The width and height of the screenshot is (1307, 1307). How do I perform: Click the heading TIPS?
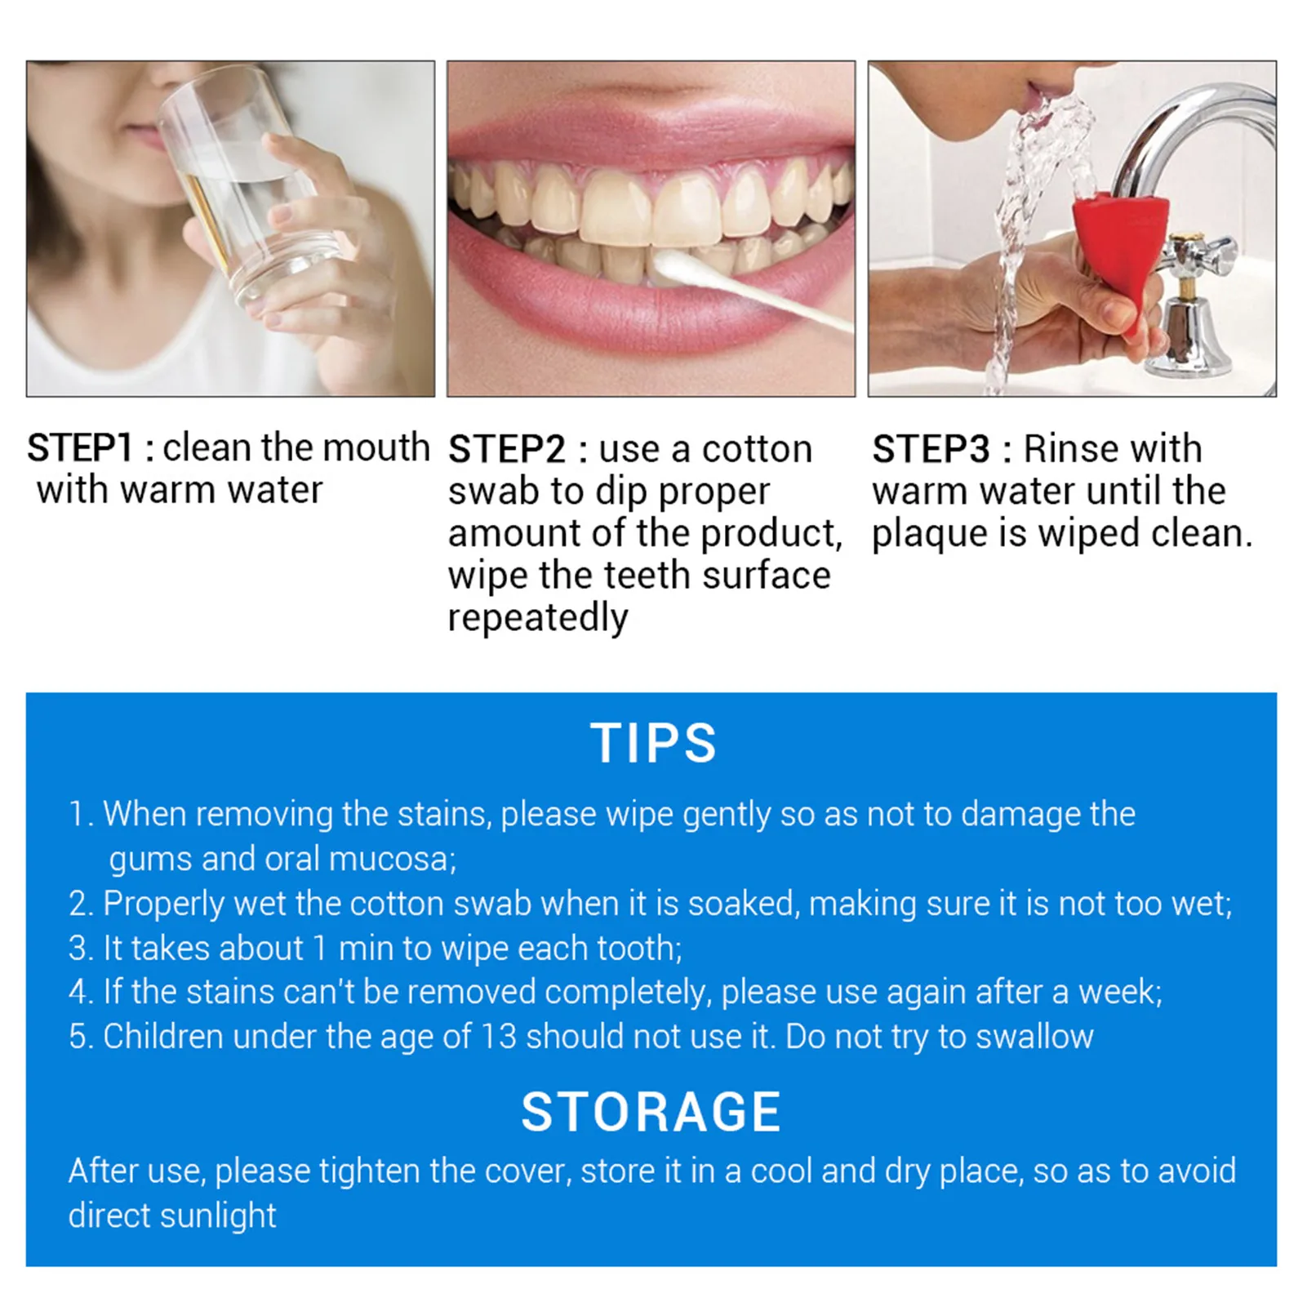[x=653, y=744]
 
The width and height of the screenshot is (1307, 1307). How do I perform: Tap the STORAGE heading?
[x=651, y=1112]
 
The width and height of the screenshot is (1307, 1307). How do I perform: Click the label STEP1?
[x=79, y=447]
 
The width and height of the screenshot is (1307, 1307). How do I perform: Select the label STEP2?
[x=507, y=449]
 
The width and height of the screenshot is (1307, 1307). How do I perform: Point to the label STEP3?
[x=931, y=449]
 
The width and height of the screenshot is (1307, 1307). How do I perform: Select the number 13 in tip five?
[x=498, y=1037]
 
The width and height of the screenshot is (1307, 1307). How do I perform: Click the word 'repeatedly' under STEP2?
[x=538, y=618]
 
